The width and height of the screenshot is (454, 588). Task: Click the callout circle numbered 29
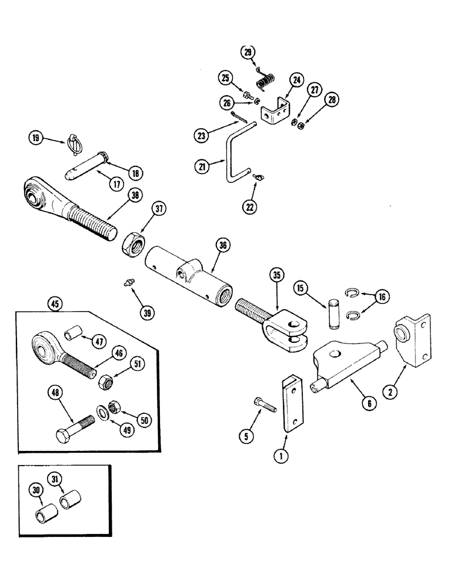[x=248, y=53]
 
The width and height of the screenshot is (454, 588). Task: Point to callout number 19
[x=36, y=139]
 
